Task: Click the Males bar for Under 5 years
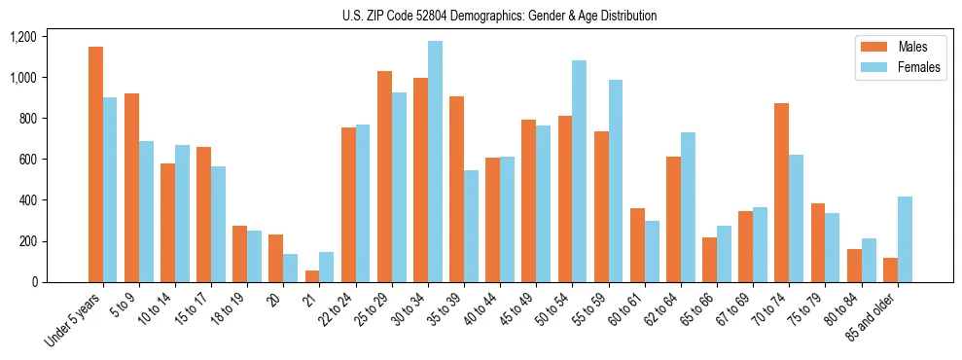coord(95,164)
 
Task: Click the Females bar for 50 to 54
coord(579,171)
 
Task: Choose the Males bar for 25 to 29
coord(384,176)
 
